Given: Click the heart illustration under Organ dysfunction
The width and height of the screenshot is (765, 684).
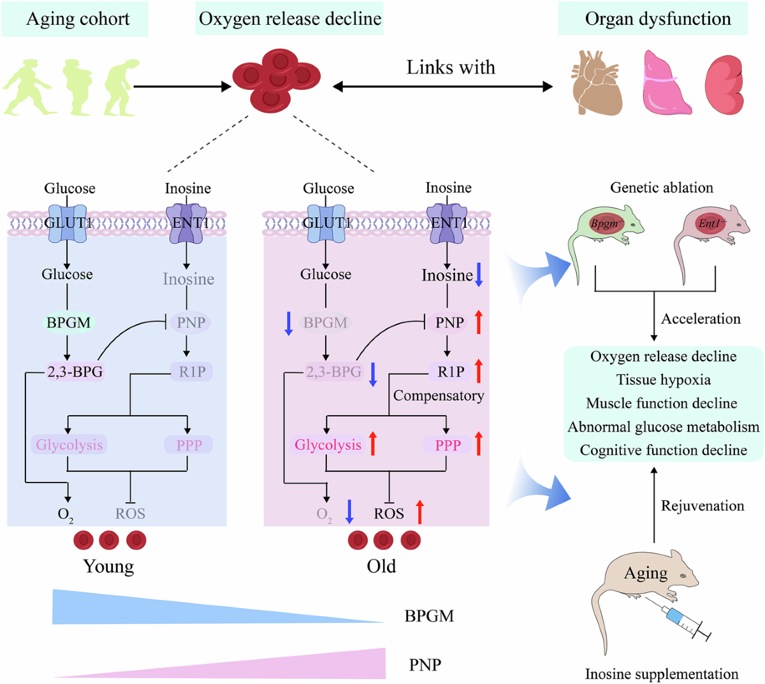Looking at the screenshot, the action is click(597, 83).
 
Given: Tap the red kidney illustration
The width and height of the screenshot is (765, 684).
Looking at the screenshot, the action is click(724, 85).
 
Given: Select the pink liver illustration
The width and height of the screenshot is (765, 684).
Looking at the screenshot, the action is click(666, 82).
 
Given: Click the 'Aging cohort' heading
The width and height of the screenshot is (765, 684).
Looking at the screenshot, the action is click(78, 19).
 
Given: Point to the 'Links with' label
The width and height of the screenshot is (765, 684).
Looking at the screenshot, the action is click(451, 67).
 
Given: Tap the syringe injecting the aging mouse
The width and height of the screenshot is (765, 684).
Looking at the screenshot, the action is click(678, 620).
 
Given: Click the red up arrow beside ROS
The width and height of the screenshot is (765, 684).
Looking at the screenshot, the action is click(419, 512).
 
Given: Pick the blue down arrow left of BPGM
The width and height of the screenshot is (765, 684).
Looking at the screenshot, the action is click(289, 323).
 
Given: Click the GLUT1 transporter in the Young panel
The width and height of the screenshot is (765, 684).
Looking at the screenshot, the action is click(68, 223).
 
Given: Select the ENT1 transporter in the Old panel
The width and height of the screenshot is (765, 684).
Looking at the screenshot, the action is click(447, 223).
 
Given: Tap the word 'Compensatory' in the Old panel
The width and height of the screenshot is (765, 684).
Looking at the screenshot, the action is click(439, 396).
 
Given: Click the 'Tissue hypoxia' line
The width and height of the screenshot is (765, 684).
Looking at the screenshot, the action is click(664, 379).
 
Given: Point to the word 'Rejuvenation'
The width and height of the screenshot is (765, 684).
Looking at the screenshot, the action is click(703, 506).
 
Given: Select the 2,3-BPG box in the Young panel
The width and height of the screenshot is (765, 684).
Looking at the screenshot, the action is click(75, 372).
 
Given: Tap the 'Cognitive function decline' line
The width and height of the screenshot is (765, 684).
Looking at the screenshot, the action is click(664, 450).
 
